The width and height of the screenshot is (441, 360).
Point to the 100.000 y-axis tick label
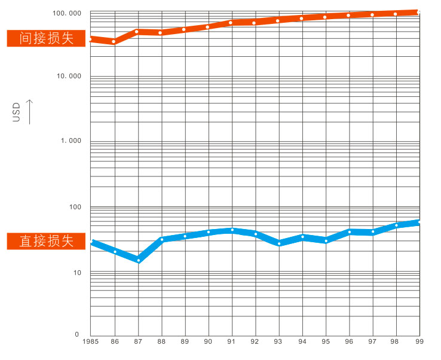point(67,13)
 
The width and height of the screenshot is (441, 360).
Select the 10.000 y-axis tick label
point(68,76)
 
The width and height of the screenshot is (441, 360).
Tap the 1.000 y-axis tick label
point(71,141)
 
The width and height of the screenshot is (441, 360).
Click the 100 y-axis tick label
point(73,207)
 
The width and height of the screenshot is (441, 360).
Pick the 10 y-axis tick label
point(76,273)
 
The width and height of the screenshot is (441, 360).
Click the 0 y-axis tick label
point(77,334)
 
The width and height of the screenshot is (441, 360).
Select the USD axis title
point(17,112)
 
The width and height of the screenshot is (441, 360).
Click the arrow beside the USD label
point(30,111)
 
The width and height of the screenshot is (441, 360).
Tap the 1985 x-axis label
point(91,341)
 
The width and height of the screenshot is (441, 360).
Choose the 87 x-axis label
point(138,341)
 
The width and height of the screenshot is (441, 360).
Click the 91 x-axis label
point(232,341)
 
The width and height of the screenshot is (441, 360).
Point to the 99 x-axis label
point(419,341)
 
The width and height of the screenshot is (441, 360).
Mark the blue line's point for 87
point(138,260)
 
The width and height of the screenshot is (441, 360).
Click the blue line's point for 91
point(232,230)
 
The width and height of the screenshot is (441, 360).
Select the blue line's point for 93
point(279,243)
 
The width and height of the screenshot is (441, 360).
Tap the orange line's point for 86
point(114,41)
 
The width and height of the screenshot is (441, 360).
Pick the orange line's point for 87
point(138,31)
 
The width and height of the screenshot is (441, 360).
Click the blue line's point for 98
point(396,225)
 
